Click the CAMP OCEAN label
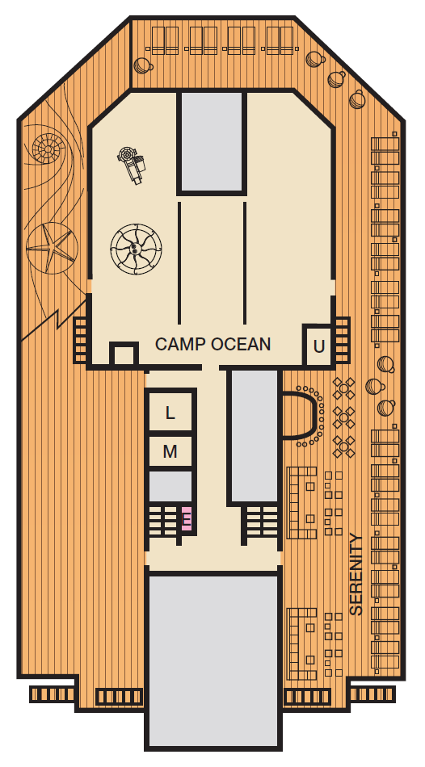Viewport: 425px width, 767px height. click(x=212, y=345)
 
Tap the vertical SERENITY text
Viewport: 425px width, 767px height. click(x=356, y=574)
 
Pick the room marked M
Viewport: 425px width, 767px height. click(x=170, y=451)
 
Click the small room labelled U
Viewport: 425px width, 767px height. click(x=318, y=346)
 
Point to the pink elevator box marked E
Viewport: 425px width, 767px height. click(x=186, y=518)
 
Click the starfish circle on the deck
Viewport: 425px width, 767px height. click(x=52, y=248)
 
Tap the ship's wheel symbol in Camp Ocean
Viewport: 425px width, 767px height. click(x=136, y=249)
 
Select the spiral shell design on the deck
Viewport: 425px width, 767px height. click(x=48, y=147)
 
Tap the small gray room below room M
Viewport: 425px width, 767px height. click(x=170, y=486)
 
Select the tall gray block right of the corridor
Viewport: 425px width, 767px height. click(x=254, y=435)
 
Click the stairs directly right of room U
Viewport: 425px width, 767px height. click(x=341, y=340)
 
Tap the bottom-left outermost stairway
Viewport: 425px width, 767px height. click(x=52, y=694)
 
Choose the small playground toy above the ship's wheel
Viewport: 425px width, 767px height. click(x=132, y=163)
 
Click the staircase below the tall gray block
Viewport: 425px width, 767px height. click(x=262, y=521)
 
